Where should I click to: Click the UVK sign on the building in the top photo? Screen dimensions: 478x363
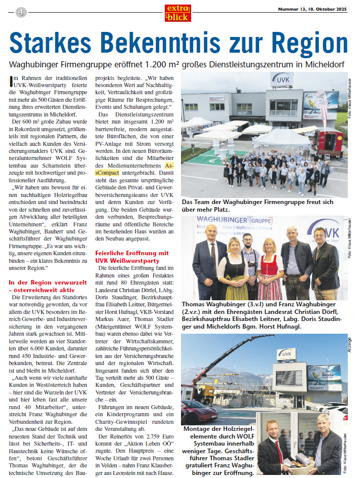point(281,79)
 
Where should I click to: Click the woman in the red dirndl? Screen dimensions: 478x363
point(269,271)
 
